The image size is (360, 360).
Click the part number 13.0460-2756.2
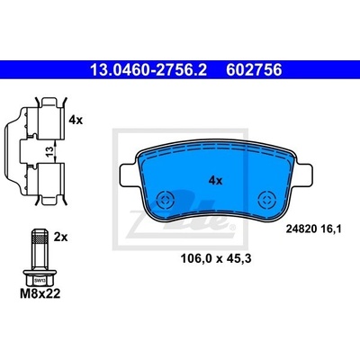tap(148, 70)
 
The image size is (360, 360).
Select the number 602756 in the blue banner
tap(254, 70)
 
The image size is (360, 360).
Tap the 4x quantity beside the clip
tap(76, 121)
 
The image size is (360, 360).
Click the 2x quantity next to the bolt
tap(61, 238)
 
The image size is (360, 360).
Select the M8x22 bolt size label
tap(40, 293)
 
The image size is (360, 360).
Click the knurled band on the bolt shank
tap(39, 239)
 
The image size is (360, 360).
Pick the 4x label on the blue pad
tap(215, 181)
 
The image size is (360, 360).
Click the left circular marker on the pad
tap(166, 199)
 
